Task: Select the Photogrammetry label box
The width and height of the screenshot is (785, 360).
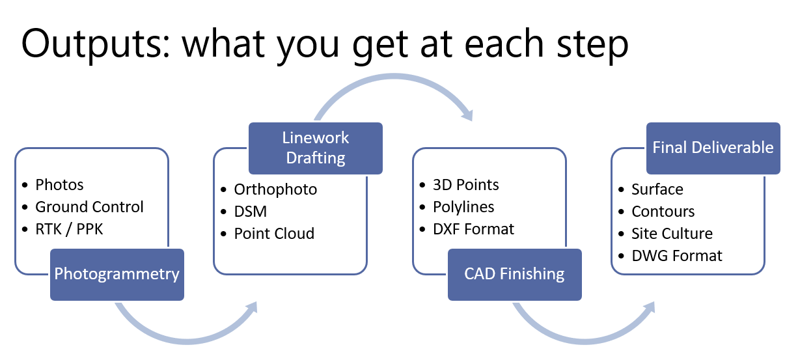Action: [117, 273]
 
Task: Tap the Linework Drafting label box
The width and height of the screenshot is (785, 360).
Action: [316, 148]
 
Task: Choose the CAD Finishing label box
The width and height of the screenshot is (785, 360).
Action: [514, 273]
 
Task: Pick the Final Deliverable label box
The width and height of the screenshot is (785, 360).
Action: [713, 148]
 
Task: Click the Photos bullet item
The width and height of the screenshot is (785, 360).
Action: [59, 185]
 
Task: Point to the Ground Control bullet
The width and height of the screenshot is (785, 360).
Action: [89, 207]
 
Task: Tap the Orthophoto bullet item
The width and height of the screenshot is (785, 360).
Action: [275, 189]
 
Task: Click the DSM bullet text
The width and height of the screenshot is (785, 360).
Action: [251, 212]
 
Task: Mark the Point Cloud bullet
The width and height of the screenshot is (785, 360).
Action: [274, 234]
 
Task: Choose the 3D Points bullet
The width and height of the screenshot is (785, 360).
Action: [466, 185]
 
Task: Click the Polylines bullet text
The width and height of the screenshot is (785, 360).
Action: [463, 207]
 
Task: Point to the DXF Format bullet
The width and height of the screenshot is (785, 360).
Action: [473, 229]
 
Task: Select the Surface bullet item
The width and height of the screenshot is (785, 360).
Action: [657, 189]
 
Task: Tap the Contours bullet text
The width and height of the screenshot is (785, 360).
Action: [663, 212]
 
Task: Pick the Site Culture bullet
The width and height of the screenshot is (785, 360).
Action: [672, 234]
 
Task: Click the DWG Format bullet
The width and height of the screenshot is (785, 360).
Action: [677, 256]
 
